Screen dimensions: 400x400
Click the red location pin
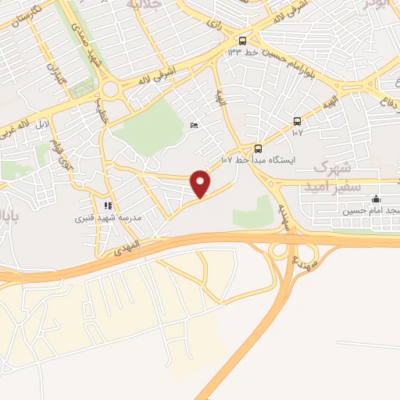point(201,183)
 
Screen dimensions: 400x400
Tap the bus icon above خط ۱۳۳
point(243,41)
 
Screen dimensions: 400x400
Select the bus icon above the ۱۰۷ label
point(297,120)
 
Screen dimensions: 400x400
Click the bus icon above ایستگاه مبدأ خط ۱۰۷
point(258,148)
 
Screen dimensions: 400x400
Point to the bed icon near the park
point(194,125)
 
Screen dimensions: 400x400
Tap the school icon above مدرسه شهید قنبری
point(108,206)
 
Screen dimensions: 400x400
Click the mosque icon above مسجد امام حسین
point(375,198)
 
